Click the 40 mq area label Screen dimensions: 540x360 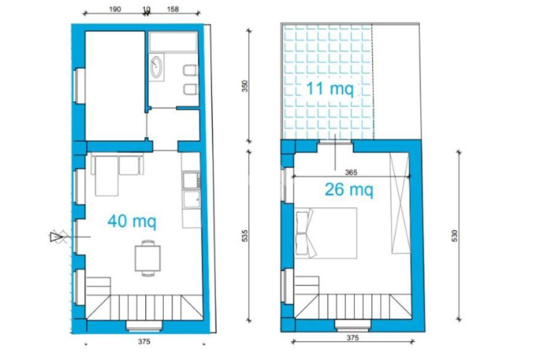[x=132, y=221]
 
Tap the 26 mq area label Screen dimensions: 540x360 [x=349, y=189]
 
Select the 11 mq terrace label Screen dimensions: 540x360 [x=330, y=89]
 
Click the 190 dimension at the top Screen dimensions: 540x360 [x=115, y=9]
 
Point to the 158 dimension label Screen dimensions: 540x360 [x=173, y=9]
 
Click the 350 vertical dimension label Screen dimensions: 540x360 [x=245, y=86]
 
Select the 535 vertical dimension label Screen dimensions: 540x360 [x=245, y=236]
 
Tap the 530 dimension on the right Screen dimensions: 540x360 [x=455, y=236]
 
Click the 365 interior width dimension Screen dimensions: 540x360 [x=351, y=172]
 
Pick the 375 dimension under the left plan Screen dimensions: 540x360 [x=144, y=342]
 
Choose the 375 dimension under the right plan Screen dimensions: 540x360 [x=353, y=338]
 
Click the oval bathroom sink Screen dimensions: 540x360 [x=156, y=67]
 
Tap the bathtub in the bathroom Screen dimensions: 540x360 [x=173, y=42]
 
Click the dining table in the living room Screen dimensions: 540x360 [x=148, y=258]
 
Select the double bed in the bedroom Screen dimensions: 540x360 [x=326, y=233]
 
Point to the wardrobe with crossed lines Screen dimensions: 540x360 [x=400, y=203]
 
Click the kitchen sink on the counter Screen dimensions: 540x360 [x=191, y=200]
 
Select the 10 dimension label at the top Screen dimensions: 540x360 [x=146, y=9]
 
